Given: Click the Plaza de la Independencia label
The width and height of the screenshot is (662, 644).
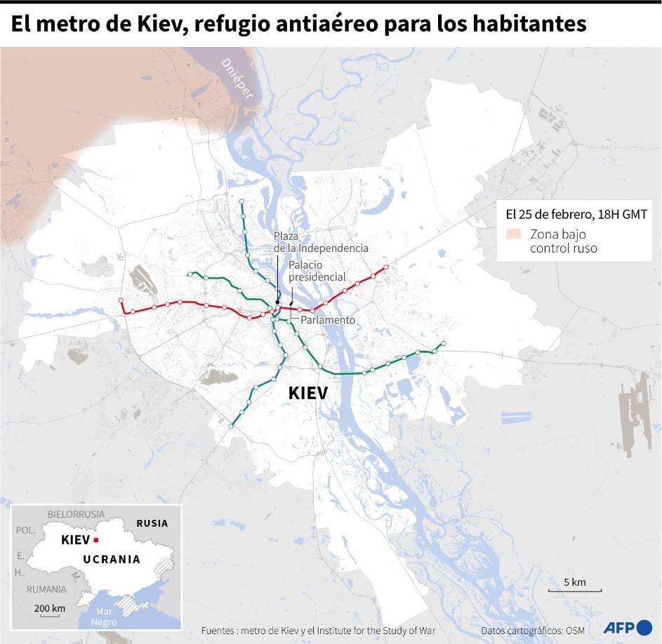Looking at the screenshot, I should [x=320, y=242].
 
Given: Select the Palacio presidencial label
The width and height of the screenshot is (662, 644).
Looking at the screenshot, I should [x=317, y=271].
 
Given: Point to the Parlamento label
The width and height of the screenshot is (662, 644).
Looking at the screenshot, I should [x=328, y=320].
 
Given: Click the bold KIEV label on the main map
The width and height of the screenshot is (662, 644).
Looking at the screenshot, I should [x=307, y=393].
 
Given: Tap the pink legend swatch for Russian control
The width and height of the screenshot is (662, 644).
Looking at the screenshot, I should [x=513, y=234].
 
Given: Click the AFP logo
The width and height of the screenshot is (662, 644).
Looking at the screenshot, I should [x=628, y=627].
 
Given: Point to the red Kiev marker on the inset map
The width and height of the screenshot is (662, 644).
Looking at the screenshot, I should [x=96, y=540].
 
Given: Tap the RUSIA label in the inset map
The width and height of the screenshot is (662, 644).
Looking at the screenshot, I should [x=152, y=523].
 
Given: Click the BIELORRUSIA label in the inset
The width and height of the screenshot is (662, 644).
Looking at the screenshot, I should [x=76, y=514].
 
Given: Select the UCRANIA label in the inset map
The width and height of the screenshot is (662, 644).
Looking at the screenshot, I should [x=112, y=560].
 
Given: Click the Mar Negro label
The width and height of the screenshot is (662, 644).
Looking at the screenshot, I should [x=104, y=617].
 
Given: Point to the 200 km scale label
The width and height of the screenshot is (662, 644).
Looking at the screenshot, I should [x=49, y=608].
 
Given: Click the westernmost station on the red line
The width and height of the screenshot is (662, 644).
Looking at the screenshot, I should [x=121, y=300].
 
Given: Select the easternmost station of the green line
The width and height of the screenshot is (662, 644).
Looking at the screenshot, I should [x=444, y=343].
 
